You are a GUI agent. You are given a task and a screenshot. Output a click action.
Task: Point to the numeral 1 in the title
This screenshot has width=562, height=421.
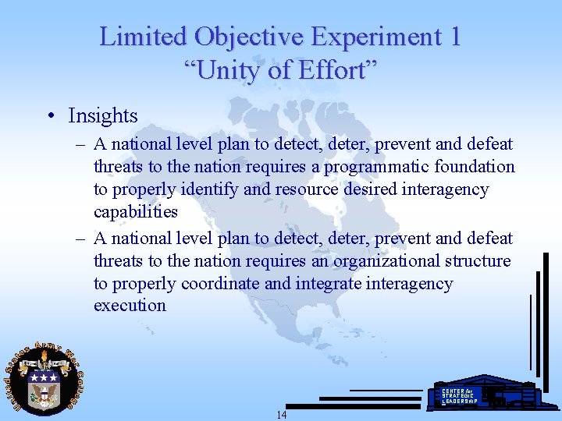pos(455,37)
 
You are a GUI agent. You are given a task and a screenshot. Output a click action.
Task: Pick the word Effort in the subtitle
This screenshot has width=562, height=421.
pos(340,71)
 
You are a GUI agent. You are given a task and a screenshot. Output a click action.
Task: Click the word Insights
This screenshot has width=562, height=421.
pos(103,116)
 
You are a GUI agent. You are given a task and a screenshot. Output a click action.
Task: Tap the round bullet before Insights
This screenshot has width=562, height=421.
pos(51,117)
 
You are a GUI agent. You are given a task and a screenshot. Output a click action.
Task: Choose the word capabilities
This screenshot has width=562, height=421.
pos(136,212)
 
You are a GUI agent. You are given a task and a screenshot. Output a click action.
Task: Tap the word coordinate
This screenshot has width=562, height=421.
pos(222,283)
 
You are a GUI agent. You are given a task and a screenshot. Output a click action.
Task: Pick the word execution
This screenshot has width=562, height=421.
pos(130,306)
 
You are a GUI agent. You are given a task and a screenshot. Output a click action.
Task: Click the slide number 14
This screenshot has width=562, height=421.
pos(282,415)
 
